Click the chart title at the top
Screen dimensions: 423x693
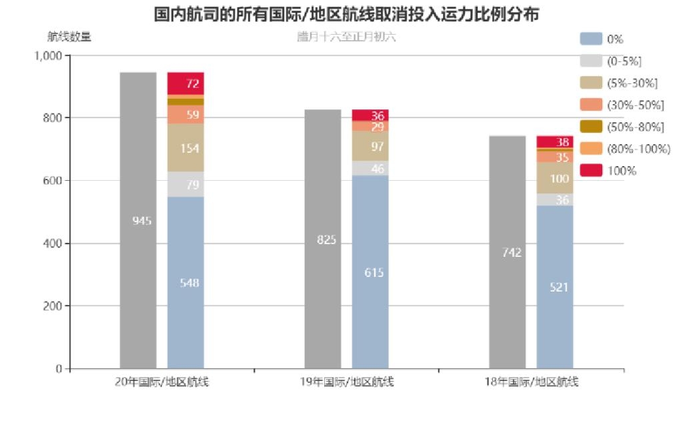[x=346, y=14]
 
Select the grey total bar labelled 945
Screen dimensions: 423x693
[x=138, y=220]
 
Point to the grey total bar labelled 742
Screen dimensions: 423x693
[x=507, y=252]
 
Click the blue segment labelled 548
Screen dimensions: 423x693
[x=185, y=282]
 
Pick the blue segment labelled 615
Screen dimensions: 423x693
[x=370, y=272]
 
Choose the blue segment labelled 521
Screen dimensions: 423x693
[x=554, y=287]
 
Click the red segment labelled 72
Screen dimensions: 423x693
[x=185, y=83]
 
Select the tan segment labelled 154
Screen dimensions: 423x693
[x=185, y=147]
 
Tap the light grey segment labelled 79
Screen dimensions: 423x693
[x=185, y=184]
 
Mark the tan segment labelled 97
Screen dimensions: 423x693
[x=370, y=146]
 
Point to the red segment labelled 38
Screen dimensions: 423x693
[x=554, y=141]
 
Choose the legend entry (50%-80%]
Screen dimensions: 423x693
[x=624, y=127]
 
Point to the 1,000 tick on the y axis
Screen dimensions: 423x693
[x=48, y=55]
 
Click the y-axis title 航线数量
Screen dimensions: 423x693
[x=70, y=37]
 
